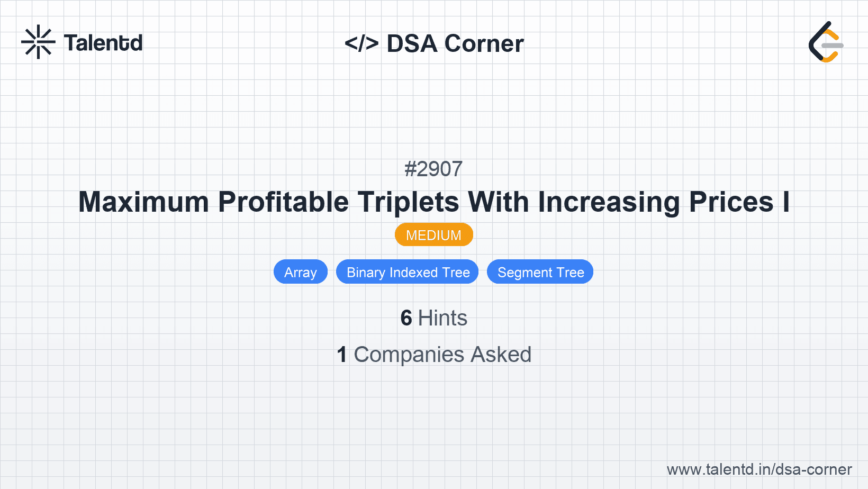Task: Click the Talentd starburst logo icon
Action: [x=38, y=42]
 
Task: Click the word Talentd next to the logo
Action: [x=103, y=43]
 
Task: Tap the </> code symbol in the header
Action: [x=361, y=43]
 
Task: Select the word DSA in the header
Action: [x=412, y=43]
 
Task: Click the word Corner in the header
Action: [x=484, y=43]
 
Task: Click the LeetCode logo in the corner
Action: [x=826, y=42]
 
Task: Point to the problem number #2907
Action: [x=433, y=169]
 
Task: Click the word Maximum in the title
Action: [x=143, y=202]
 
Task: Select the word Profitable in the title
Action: [x=283, y=202]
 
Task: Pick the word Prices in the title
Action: [x=731, y=202]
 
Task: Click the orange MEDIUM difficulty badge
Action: [x=433, y=235]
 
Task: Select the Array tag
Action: [x=300, y=272]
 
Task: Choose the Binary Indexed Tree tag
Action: [x=408, y=272]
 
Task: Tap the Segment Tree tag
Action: [x=540, y=272]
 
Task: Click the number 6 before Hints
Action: [x=406, y=318]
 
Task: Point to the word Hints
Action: [x=442, y=318]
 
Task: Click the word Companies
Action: [x=409, y=355]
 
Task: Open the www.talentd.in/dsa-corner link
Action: [x=759, y=469]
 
